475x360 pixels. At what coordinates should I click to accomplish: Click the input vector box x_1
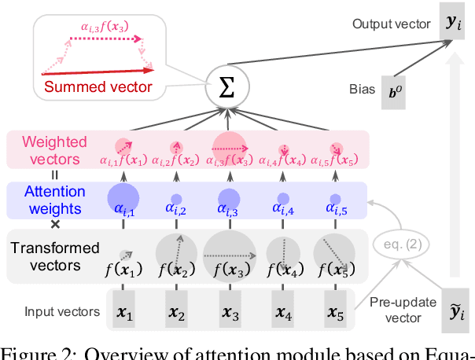pos(123,311)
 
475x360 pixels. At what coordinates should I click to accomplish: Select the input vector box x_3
pos(230,311)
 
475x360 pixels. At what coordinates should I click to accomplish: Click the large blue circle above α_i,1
pos(123,197)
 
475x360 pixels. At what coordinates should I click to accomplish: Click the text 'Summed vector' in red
pos(98,86)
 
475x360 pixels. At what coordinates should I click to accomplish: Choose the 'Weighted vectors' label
pos(54,149)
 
